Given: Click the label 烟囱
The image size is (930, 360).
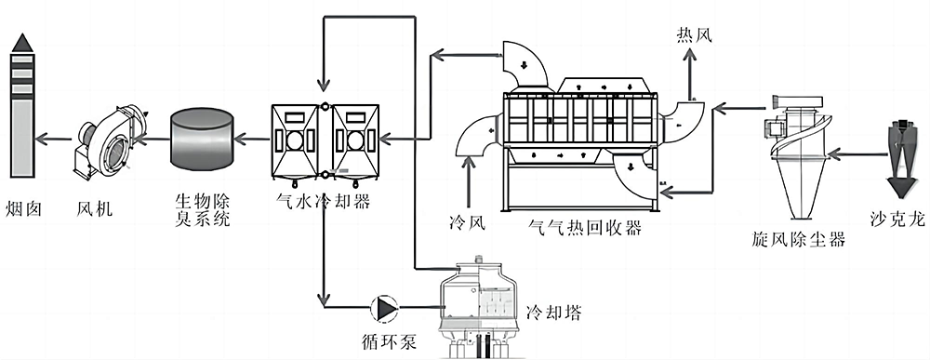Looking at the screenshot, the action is (x=24, y=208).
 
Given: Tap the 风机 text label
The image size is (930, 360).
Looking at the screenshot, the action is (x=95, y=208).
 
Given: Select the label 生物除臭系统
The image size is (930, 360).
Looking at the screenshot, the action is (x=202, y=209).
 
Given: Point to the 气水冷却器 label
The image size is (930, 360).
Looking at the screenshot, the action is (x=324, y=201).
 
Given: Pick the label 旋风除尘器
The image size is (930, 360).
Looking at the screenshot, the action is (x=798, y=239).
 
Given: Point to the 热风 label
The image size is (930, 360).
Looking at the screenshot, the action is (x=695, y=35).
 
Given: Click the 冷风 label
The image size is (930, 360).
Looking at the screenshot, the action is (x=469, y=223).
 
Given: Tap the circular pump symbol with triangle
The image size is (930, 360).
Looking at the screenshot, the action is (x=385, y=307).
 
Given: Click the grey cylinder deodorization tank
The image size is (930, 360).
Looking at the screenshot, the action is (x=202, y=140).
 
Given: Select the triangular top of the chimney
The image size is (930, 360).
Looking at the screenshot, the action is (x=22, y=42).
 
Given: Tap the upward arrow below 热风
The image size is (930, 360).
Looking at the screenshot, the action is (x=689, y=74).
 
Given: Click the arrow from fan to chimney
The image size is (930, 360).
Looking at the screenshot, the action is (x=55, y=140).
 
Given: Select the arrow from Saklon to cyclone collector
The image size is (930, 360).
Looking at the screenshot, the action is (x=857, y=154).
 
